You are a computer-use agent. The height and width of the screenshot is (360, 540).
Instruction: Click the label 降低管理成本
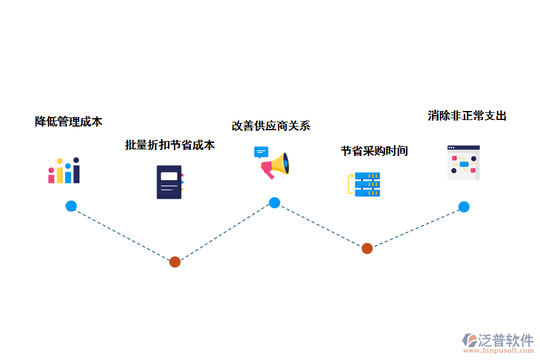[68, 121]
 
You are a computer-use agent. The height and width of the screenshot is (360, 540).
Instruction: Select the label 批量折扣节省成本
[169, 145]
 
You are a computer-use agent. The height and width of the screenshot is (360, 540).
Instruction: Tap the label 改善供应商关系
[271, 125]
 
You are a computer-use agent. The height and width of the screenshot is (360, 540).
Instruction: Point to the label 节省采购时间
[374, 151]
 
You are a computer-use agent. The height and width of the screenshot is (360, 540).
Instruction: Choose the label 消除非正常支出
[467, 115]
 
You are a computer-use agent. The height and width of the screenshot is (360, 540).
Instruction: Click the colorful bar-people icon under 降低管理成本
[64, 171]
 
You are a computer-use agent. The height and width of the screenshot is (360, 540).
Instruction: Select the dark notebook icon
[169, 182]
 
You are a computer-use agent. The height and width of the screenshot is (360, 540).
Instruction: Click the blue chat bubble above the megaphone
[260, 152]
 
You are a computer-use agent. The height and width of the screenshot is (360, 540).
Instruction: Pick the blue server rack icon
[367, 185]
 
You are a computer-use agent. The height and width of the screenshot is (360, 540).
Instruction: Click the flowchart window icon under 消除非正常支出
[463, 163]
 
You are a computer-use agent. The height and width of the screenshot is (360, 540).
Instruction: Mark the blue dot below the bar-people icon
[71, 206]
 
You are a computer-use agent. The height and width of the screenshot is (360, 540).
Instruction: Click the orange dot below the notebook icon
[175, 262]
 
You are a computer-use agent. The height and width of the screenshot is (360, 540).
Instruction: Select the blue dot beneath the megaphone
[274, 203]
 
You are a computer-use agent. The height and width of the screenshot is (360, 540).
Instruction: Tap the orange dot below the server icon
[367, 248]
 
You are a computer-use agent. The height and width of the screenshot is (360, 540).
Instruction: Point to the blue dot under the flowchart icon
[464, 207]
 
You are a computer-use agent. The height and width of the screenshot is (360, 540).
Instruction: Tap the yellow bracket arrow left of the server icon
[350, 184]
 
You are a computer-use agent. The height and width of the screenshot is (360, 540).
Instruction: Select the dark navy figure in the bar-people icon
[76, 171]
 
